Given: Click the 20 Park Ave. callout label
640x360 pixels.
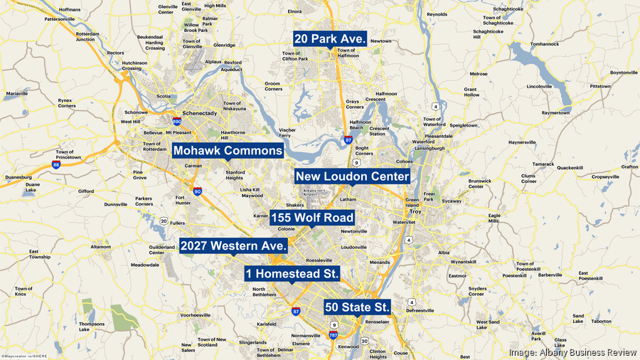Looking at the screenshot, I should tap(331, 38).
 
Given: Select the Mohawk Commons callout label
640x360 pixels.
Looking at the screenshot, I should tap(228, 151).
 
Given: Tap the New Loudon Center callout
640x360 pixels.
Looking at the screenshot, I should tap(353, 176).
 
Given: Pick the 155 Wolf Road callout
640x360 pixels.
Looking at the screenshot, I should tap(312, 218).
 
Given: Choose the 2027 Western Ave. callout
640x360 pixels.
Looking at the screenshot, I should tap(233, 245).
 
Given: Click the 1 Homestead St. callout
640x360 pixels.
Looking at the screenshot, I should tap(292, 274).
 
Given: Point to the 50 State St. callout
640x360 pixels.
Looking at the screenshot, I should tap(358, 307).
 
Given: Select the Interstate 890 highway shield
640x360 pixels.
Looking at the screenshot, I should tap(176, 122).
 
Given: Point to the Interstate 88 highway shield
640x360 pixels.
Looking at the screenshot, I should tap(56, 164).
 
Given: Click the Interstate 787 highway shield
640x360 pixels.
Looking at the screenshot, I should tap(332, 334).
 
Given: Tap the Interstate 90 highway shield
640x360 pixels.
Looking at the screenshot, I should tap(197, 191).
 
